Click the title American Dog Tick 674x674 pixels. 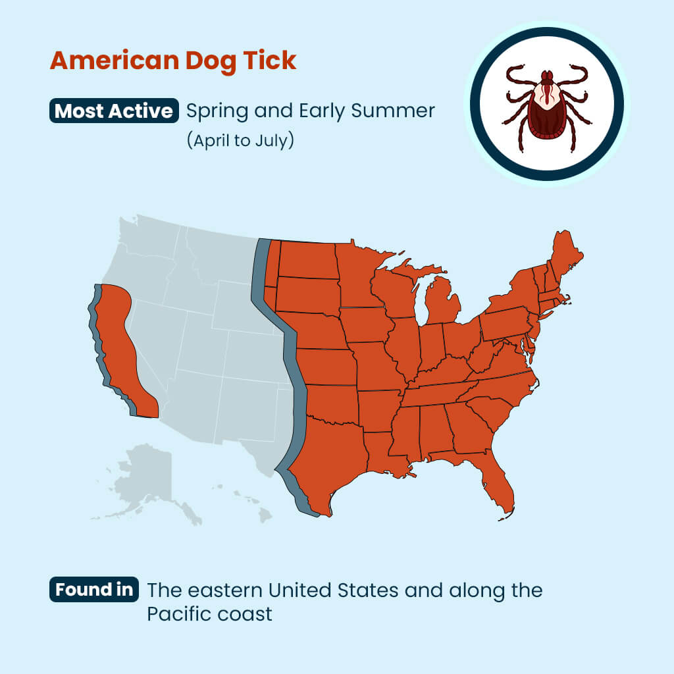pos(173,61)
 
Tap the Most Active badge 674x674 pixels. pos(114,111)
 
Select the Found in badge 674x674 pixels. pos(93,589)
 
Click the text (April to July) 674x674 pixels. pos(240,141)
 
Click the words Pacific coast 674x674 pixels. pos(209,615)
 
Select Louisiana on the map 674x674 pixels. pos(385,454)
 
